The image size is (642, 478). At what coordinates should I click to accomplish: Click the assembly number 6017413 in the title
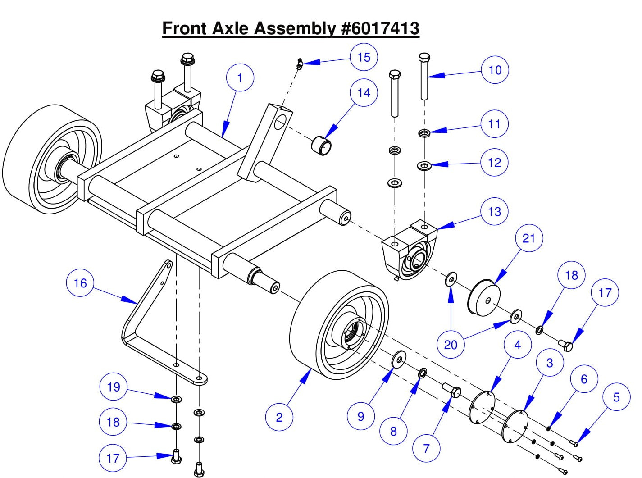coord(380,28)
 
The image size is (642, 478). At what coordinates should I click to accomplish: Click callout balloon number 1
coord(240,78)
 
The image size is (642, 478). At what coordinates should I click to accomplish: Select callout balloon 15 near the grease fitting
coord(364,57)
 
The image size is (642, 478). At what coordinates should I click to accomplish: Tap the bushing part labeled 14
coord(321,144)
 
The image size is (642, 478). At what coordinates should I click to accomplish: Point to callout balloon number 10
coord(495,70)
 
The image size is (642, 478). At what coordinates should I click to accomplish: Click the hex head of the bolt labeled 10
coord(424,58)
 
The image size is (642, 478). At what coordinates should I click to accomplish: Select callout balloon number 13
coord(494,211)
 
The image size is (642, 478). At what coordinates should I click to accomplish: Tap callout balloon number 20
coord(451,345)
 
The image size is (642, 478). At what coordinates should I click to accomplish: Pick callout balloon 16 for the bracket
coord(80,283)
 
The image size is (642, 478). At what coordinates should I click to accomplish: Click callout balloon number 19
coord(113,387)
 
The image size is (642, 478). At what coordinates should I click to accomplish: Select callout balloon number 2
coord(279,417)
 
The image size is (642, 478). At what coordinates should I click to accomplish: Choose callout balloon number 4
coord(517,345)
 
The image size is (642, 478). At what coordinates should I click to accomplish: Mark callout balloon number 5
coord(616,397)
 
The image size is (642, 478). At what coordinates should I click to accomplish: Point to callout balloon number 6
coord(584,379)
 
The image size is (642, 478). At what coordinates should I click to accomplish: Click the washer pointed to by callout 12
coord(424,166)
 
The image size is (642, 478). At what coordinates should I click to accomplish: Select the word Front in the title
coord(185,28)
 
